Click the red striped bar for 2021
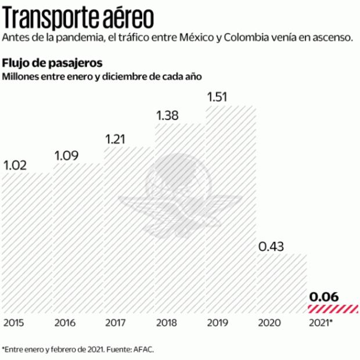pyautogui.click(x=333, y=308)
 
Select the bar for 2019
pyautogui.click(x=231, y=209)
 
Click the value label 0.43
pyautogui.click(x=271, y=246)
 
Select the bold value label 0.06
pyautogui.click(x=324, y=297)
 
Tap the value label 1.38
pyautogui.click(x=168, y=115)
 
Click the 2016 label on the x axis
pyautogui.click(x=66, y=322)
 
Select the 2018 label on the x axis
pyautogui.click(x=167, y=322)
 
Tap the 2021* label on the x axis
pyautogui.click(x=322, y=322)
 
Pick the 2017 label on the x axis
pyautogui.click(x=116, y=322)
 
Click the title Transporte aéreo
pyautogui.click(x=79, y=17)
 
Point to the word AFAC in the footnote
pyautogui.click(x=145, y=350)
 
